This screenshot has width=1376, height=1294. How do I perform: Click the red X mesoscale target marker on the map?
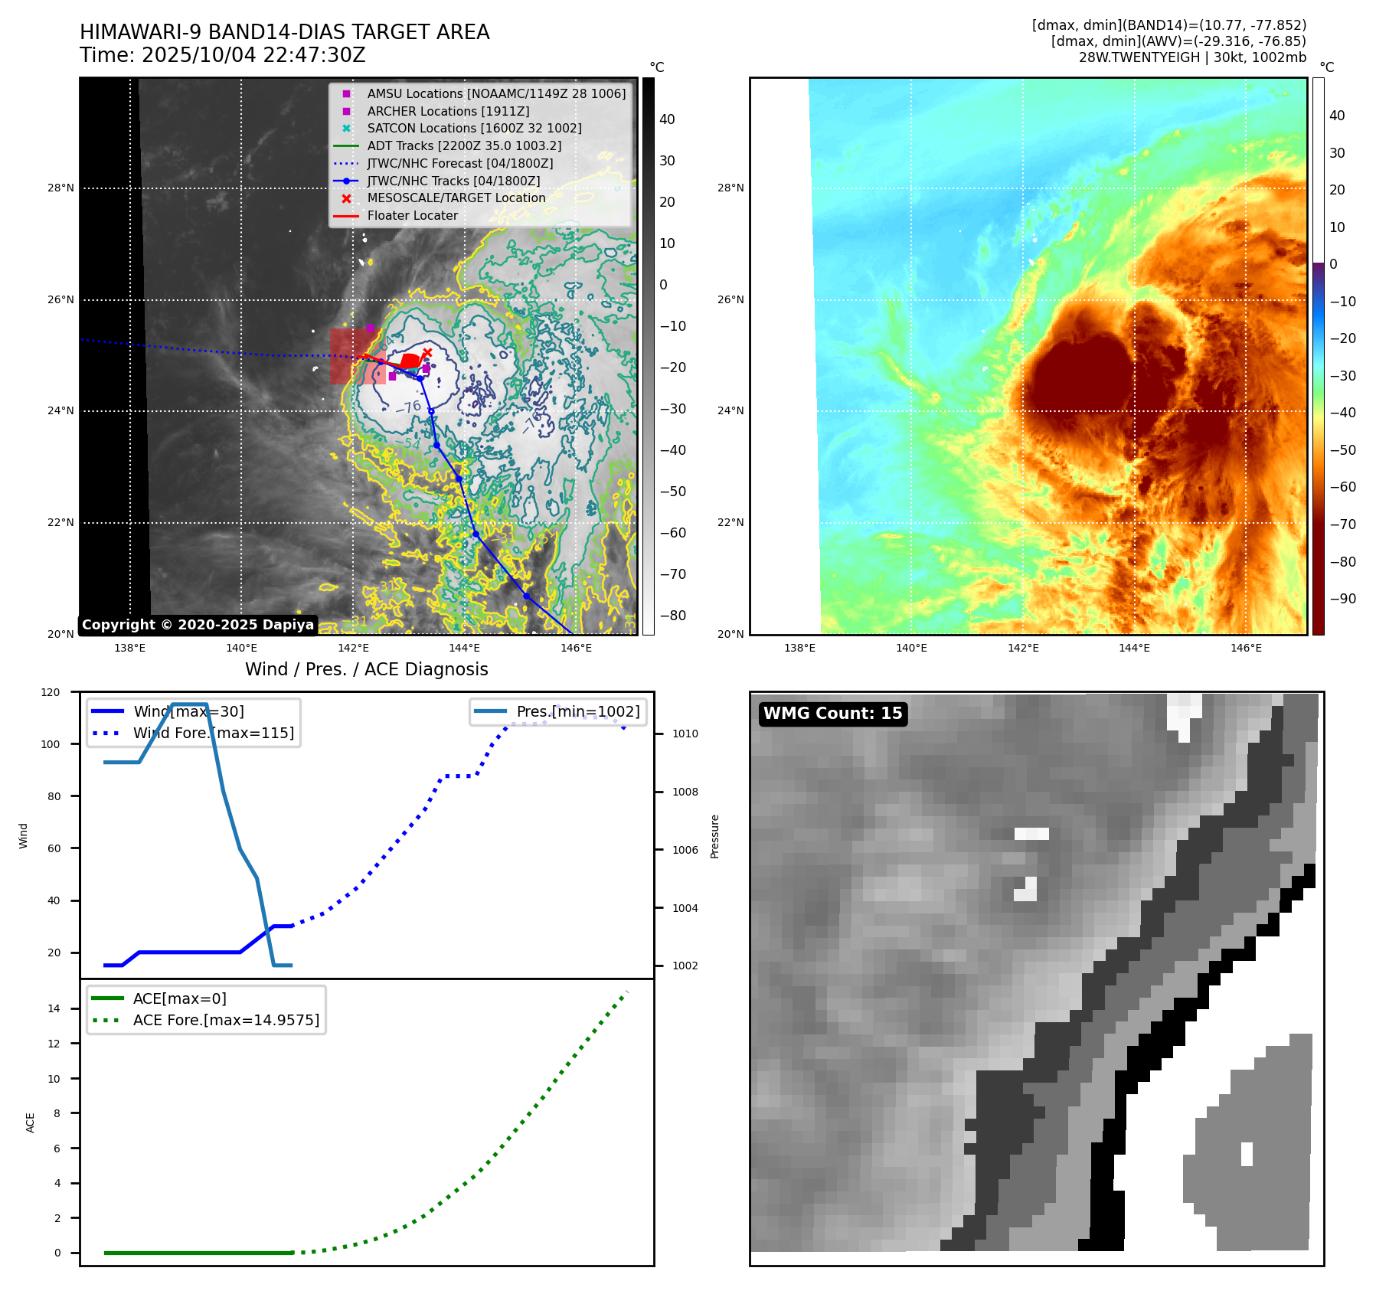coord(427,353)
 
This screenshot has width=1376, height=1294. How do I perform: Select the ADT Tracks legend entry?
coord(464,145)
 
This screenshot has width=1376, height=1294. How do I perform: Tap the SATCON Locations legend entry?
coord(474,128)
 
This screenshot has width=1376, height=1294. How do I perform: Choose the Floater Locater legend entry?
coord(412,215)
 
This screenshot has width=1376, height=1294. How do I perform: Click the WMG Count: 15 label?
coord(832,714)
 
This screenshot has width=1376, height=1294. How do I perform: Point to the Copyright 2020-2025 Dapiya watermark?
coord(198,625)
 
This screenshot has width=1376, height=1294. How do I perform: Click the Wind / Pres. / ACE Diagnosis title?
coord(366,669)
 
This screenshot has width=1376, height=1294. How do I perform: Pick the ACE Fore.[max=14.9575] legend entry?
coord(226,1020)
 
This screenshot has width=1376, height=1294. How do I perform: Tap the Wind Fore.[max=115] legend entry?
coord(213,733)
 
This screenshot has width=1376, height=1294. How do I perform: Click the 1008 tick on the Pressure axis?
coord(685,792)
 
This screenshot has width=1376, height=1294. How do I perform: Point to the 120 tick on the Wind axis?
coord(51,692)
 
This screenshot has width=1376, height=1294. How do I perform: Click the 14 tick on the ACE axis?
coord(54,1008)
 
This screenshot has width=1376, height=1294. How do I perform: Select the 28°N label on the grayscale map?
coord(61,188)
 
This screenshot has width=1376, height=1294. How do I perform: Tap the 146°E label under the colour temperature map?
coord(1246,648)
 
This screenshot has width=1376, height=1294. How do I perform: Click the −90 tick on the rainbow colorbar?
coord(1342,599)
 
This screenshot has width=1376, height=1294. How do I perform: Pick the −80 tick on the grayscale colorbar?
coord(673,616)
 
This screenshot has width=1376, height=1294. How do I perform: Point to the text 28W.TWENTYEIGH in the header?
coord(1139,57)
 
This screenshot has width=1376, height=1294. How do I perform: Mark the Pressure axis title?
coord(714,836)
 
